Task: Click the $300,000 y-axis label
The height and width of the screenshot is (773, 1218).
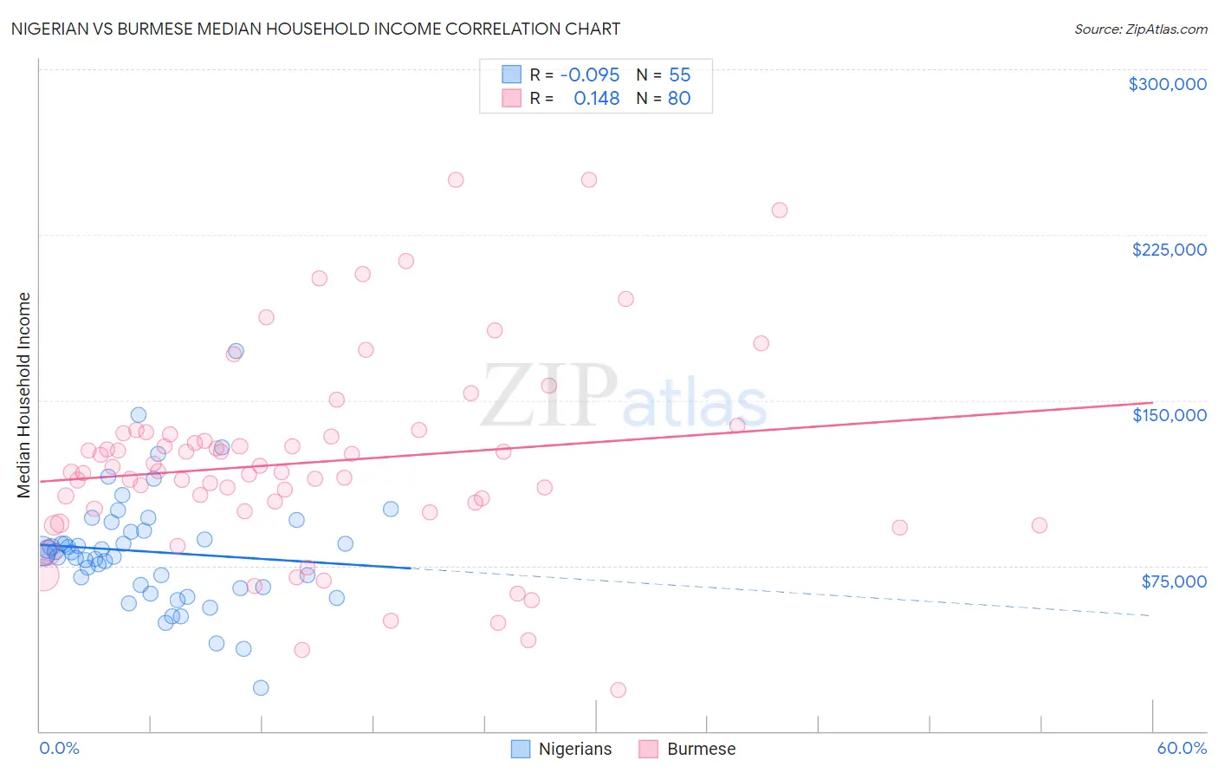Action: pyautogui.click(x=1167, y=84)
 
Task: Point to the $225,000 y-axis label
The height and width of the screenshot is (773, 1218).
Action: pyautogui.click(x=1169, y=250)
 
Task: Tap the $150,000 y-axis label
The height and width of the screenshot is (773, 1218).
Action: pyautogui.click(x=1169, y=415)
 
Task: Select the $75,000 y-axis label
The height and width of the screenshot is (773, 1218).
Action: pyautogui.click(x=1173, y=581)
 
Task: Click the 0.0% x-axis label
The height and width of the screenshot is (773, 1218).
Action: pyautogui.click(x=59, y=748)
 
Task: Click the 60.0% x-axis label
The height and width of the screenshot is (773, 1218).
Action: pyautogui.click(x=1182, y=748)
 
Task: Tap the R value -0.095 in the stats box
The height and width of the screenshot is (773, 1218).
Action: pyautogui.click(x=590, y=75)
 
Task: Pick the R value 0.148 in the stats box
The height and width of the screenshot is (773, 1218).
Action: pyautogui.click(x=596, y=99)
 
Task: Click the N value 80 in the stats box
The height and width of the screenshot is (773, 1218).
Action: pyautogui.click(x=679, y=99)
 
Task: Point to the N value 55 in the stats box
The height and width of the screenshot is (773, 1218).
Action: pyautogui.click(x=679, y=75)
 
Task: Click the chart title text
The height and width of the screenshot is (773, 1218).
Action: pyautogui.click(x=315, y=29)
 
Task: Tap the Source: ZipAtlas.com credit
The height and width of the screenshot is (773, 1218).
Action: pyautogui.click(x=1140, y=29)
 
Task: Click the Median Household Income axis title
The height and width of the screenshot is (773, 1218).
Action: pyautogui.click(x=24, y=395)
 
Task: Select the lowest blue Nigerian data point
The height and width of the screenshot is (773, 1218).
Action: pyautogui.click(x=261, y=688)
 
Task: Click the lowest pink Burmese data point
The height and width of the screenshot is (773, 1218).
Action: pyautogui.click(x=618, y=690)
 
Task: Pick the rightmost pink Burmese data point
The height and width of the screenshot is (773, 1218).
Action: pyautogui.click(x=1040, y=525)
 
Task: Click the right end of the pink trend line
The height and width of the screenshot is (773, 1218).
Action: pyautogui.click(x=1152, y=402)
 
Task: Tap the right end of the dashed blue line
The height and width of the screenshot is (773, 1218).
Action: pyautogui.click(x=1150, y=615)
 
